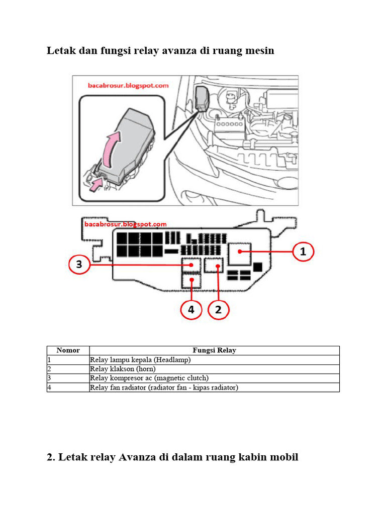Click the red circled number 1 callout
303,252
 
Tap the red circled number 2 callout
218,310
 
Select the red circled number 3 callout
79,265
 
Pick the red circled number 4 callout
191,310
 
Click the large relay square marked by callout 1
240,253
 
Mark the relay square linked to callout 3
191,265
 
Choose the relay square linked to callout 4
191,281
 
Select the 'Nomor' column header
68,350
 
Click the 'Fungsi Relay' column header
214,350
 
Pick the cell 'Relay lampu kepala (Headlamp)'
140,360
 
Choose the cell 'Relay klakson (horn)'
123,369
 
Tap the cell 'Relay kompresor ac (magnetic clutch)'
149,378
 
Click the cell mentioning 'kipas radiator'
164,388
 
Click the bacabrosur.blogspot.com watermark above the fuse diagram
125,224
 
